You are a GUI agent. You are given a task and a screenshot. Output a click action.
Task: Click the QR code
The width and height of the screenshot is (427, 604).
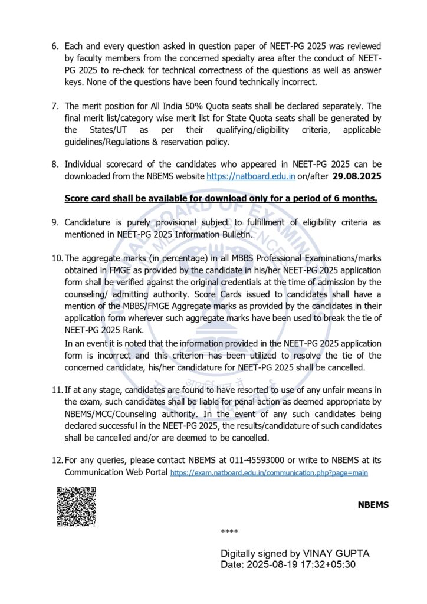75,506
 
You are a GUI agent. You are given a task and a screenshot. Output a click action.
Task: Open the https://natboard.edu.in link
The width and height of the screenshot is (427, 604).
251,176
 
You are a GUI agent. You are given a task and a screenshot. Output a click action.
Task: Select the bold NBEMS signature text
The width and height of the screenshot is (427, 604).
373,505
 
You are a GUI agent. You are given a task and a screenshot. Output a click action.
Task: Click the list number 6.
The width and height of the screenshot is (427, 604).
55,46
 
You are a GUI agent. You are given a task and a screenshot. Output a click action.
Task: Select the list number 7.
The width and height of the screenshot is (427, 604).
55,106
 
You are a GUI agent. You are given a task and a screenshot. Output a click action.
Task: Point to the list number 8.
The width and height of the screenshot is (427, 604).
55,165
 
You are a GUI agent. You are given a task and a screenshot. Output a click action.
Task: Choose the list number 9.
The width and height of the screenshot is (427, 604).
55,222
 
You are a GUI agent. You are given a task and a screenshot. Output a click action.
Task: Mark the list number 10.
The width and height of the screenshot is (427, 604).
57,258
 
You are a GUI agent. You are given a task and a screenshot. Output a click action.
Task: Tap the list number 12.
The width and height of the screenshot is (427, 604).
57,461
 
